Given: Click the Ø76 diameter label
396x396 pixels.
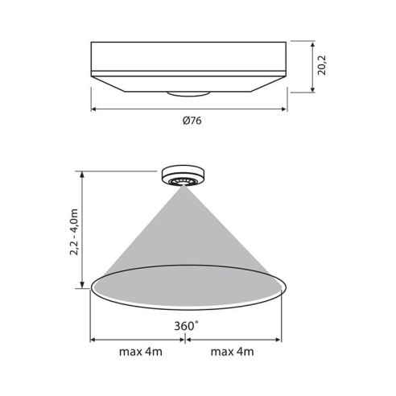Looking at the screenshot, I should tap(191, 122).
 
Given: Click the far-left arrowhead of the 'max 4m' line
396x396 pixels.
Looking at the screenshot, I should tap(93, 339).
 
